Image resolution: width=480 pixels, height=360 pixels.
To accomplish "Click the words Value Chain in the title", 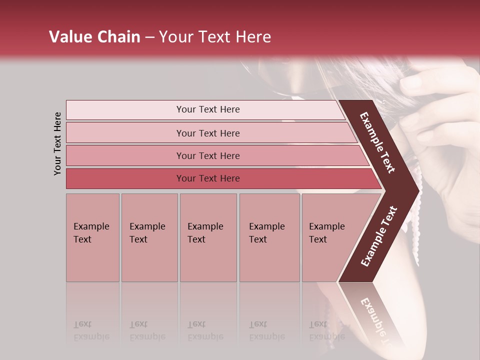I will pos(94,37).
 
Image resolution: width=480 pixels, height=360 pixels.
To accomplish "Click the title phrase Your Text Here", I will pos(215,37).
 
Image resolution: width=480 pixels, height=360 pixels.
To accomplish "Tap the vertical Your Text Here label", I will pos(57,143).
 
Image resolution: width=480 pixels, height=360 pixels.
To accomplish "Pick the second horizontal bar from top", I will pos(208,133).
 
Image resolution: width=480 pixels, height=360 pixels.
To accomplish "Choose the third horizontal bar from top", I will pos(208,155).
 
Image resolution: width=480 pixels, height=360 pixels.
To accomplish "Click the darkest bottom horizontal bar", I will pos(208,178).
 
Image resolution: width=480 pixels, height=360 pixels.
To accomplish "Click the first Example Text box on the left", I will pos(92,237).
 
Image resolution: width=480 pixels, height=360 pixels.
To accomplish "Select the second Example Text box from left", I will pos(149,237).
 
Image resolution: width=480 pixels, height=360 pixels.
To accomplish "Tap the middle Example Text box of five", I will pos(208,237).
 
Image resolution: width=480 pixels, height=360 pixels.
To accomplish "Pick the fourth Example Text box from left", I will pos(269,237).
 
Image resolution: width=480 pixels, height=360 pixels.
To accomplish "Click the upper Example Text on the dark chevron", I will pos(377,142).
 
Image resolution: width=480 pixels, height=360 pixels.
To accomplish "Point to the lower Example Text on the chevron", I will pos(379,236).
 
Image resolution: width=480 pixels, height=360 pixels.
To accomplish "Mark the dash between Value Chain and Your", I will pos(149,37).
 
